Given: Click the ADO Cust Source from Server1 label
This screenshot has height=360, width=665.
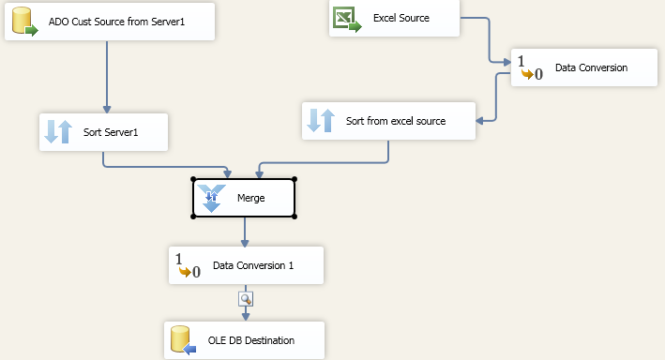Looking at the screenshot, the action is click(116, 22).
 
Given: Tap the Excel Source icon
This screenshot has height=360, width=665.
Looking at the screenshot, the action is click(347, 20).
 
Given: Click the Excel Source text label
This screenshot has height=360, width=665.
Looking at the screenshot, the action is click(401, 18).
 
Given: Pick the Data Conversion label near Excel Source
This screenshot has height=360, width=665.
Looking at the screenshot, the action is click(591, 67).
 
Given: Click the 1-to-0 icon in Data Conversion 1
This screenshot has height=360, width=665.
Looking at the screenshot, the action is click(188, 266).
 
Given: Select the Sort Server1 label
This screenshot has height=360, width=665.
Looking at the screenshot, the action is click(111, 132).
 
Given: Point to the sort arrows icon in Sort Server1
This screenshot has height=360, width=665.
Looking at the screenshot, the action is click(58, 132).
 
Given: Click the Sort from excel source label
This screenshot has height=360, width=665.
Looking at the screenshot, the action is click(396, 121).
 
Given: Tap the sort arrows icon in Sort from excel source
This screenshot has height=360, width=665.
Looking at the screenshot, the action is click(321, 120).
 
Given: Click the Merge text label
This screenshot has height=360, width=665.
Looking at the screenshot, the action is click(251, 198).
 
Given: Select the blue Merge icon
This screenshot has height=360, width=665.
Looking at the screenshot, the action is click(211, 198).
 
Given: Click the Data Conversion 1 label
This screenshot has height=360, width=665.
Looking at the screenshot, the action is click(253, 265).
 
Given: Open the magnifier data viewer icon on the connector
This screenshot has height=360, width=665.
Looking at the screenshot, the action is click(246, 299).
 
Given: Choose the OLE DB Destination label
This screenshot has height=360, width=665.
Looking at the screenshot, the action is click(251, 340).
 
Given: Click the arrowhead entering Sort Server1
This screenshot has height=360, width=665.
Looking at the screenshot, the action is click(107, 110).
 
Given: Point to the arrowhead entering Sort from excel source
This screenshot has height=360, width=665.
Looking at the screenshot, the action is click(479, 121).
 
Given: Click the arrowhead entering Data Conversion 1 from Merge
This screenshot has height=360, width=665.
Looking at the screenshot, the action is click(245, 244).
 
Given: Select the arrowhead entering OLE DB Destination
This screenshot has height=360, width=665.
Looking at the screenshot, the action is click(246, 317).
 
